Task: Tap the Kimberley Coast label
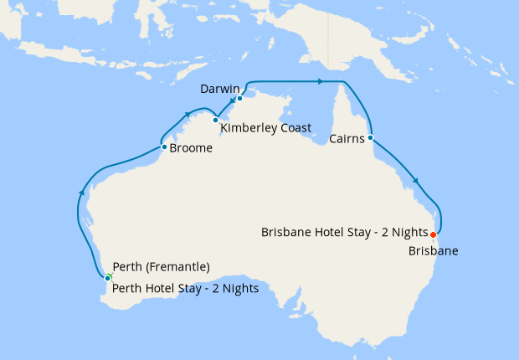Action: point(265,128)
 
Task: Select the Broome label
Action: point(190,149)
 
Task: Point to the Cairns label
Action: point(346,139)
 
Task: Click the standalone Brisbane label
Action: point(434,249)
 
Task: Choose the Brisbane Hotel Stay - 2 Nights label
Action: point(344,232)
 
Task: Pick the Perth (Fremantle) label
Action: point(161,268)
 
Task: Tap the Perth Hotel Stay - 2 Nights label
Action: point(185,289)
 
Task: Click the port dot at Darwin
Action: point(239,98)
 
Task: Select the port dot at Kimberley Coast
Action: point(215,120)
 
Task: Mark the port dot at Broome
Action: point(163,147)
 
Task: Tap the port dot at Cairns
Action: point(370,137)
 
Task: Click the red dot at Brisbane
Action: point(433,234)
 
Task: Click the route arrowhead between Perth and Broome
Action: point(82,193)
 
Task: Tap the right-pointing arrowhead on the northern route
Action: point(319,81)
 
